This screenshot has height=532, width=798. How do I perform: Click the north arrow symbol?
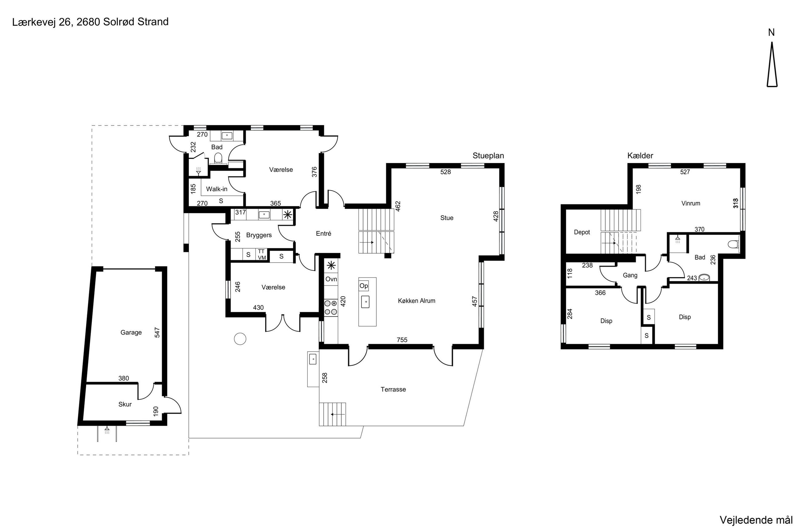772,64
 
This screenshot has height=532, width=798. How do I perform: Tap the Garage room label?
131,332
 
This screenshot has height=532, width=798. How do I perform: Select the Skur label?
125,404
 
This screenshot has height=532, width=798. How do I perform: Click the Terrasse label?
393,389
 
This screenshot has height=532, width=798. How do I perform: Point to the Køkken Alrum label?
416,301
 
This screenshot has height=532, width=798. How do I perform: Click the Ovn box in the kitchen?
331,279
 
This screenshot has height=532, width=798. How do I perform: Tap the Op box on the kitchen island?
364,286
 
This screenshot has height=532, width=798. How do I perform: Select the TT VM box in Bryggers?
261,254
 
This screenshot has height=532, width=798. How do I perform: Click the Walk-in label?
217,189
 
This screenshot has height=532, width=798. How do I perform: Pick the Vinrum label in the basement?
691,203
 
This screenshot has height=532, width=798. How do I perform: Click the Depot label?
582,232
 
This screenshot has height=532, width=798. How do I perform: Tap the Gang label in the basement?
630,275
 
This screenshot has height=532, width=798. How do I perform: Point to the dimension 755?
402,340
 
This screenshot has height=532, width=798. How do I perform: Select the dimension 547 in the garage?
157,332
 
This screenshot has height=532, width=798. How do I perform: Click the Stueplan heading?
488,156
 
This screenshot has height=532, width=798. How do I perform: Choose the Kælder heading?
640,156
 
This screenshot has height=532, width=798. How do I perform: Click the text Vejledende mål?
756,520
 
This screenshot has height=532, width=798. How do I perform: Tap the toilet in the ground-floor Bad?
218,158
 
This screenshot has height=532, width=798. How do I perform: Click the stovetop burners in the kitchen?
331,307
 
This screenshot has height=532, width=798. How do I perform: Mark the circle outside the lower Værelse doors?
240,339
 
